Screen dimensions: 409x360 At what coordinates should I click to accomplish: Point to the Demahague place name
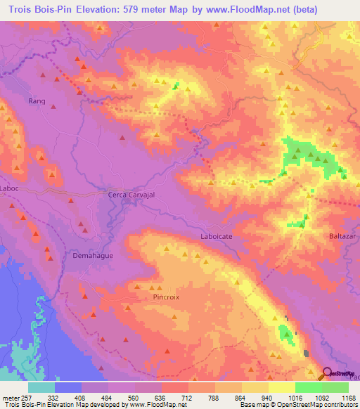(x=93, y=257)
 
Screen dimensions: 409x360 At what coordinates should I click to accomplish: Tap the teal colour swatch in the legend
(x=41, y=387)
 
